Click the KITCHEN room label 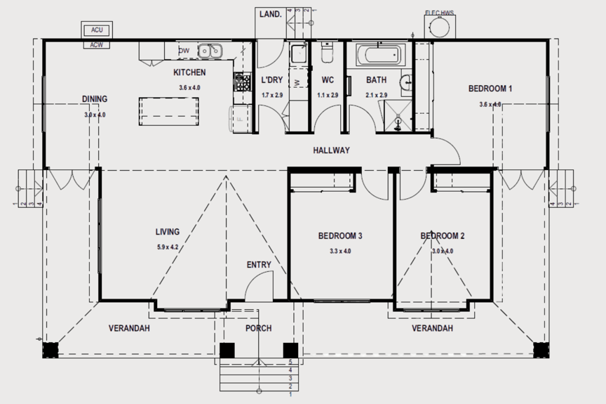(189, 72)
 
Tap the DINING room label (94, 99)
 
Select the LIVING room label (167, 231)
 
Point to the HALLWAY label (331, 150)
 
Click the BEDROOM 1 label (490, 89)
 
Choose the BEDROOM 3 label (340, 236)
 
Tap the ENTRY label (259, 265)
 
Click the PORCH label (258, 328)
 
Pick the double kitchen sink (210, 51)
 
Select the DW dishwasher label (184, 51)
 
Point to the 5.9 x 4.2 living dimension (167, 247)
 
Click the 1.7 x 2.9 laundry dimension (271, 95)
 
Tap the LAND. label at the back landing (270, 13)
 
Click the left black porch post (227, 350)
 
